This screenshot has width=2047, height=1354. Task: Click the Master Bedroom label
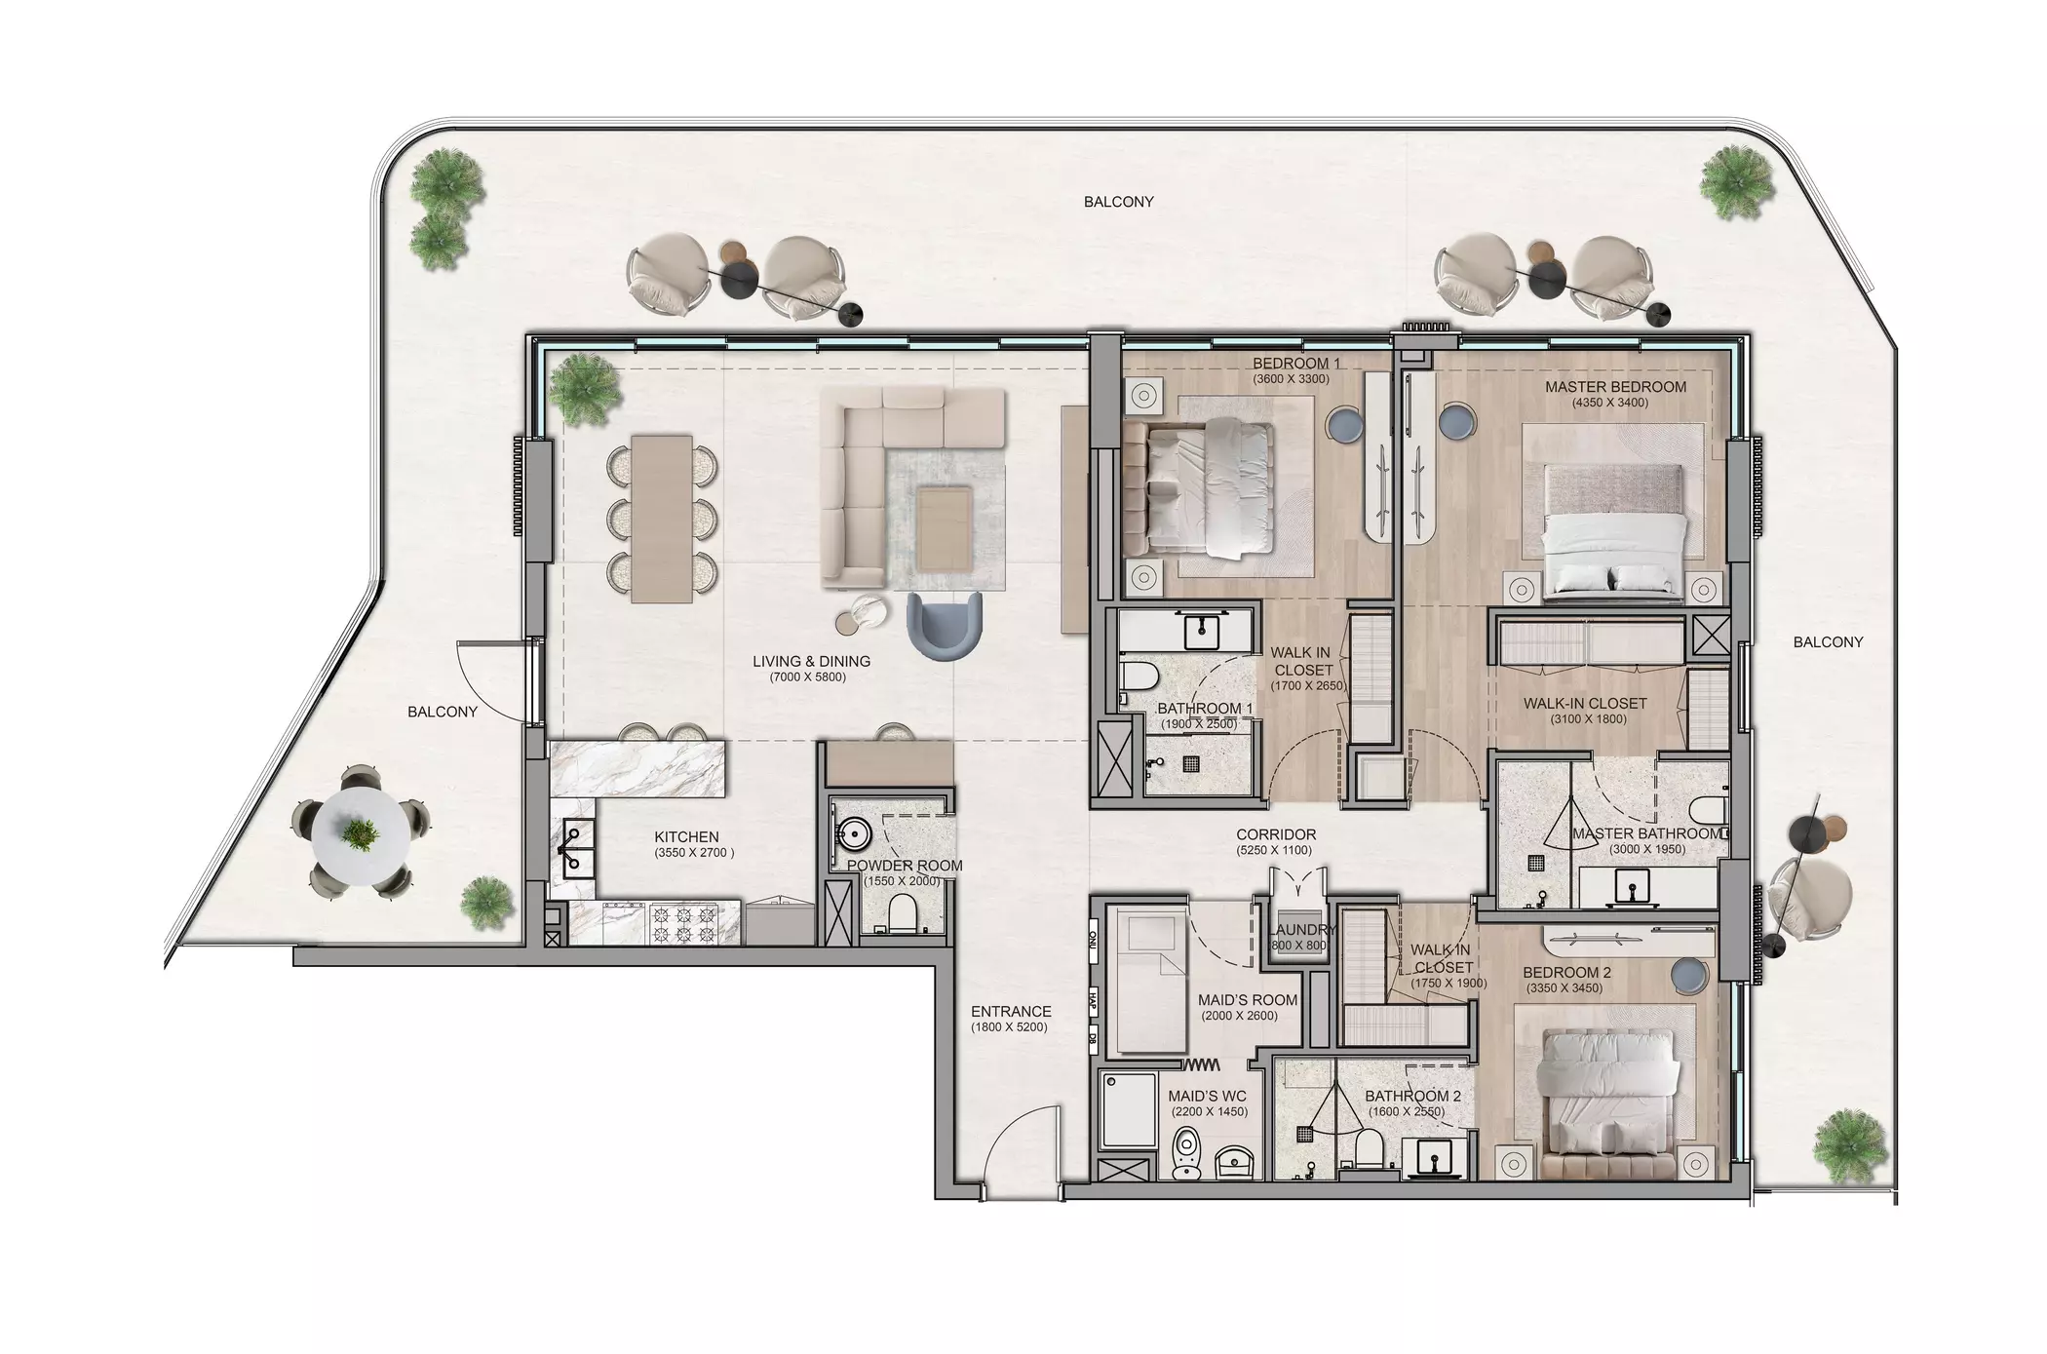coord(1615,387)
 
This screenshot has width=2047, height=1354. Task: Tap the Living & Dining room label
coord(811,661)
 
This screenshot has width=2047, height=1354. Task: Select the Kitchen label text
coord(686,836)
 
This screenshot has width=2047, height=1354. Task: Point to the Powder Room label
coord(905,866)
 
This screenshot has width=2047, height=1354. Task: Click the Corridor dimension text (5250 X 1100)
coord(1276,850)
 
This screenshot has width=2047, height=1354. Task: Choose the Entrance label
coord(1011,1012)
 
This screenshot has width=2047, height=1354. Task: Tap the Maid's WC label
coord(1207,1097)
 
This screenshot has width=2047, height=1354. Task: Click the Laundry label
coord(1302,930)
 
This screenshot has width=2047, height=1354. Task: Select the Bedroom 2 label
coord(1566,973)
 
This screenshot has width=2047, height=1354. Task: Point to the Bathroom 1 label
coord(1205,709)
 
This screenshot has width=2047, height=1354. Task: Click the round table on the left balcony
coord(362,832)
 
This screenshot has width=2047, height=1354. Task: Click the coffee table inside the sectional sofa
coord(944,526)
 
